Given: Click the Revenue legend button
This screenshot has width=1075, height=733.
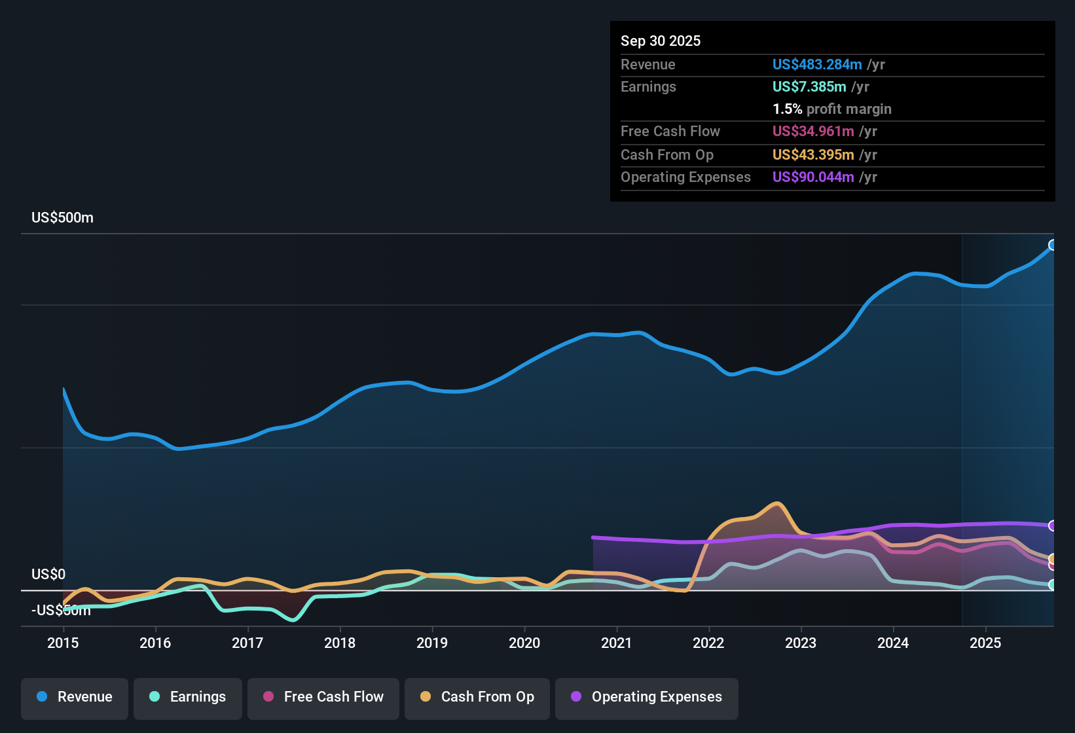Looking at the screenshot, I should coord(75,697).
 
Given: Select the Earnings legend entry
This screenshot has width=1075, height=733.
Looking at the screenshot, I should coord(188,697).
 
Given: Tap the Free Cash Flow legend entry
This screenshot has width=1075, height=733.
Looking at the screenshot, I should coord(323,697).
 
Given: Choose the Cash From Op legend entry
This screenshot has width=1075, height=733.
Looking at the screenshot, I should coord(477,697).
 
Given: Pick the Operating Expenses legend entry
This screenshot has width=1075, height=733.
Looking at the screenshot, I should coord(647,697).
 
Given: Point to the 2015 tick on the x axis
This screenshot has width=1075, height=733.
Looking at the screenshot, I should coord(63,643).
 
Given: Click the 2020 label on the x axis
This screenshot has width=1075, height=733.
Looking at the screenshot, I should coord(524,643).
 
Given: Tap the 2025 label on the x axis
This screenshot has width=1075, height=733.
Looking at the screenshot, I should coord(985,643).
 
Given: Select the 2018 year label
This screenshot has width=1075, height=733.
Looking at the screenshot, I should coord(340,643).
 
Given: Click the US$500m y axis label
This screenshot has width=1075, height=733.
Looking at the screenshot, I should coord(62,218).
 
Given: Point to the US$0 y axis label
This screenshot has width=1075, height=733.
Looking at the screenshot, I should coord(48,574).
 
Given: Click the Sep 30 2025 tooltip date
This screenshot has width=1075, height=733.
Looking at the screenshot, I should coord(660,41).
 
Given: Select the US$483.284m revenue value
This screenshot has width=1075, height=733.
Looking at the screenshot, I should coord(817,64).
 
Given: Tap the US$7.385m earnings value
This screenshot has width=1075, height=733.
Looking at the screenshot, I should coord(809,86).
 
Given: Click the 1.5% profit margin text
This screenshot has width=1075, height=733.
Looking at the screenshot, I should coord(831,109).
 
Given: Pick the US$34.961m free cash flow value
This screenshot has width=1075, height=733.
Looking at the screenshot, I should coord(813,131).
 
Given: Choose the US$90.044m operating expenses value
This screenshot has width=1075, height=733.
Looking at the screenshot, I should coord(813,177).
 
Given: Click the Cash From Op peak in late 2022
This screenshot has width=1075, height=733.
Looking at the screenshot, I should coord(777,503).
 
